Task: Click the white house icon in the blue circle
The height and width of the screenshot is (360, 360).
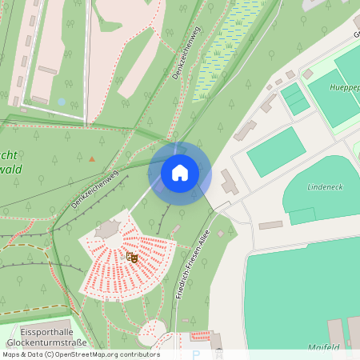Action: (180, 172)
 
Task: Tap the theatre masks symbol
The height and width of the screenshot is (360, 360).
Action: (132, 257)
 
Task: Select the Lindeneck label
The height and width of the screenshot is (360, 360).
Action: (326, 186)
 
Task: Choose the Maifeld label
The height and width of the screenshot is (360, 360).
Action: (324, 348)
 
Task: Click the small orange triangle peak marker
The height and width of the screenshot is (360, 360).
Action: (92, 158)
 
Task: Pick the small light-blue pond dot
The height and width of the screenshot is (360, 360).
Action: (62, 102)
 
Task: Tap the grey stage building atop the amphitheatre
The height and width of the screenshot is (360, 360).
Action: (107, 230)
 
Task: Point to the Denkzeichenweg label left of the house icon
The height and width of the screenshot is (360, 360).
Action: (94, 190)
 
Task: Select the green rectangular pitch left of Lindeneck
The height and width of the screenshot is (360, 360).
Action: (276, 151)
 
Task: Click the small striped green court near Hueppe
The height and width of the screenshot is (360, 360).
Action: (294, 99)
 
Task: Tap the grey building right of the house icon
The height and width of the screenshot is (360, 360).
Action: (229, 182)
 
